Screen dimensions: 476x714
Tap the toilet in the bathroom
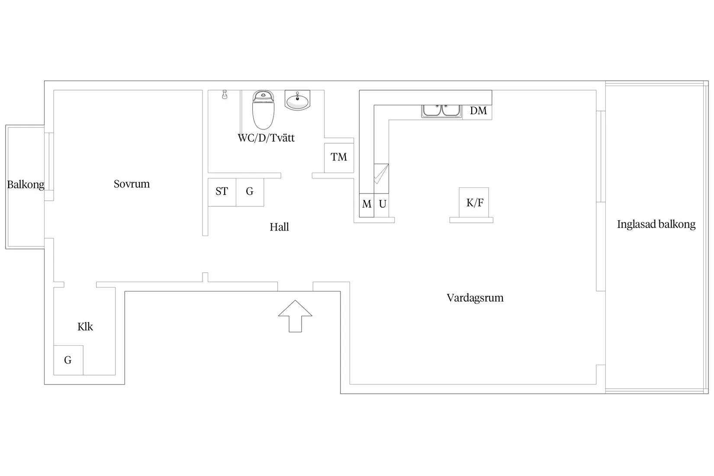pos(264,110)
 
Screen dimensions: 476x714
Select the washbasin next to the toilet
pos(297,100)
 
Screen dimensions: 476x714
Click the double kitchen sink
pos(441,110)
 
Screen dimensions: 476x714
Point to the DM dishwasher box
pos(478,111)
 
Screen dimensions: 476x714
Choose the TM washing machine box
pos(339,157)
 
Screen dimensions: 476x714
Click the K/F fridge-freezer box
pos(474,203)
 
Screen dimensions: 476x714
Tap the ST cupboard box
pos(222,191)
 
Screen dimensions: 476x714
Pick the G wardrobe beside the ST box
pos(250,191)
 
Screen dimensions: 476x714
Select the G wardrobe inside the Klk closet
pos(68,360)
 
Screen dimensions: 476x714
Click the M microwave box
pos(367,204)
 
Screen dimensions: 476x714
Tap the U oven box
pos(382,204)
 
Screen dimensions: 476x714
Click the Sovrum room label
pos(132,184)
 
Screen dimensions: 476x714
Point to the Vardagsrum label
pos(475,298)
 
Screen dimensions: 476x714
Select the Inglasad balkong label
pos(656,224)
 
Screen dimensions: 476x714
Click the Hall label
pos(279,227)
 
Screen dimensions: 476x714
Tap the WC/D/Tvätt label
pos(266,138)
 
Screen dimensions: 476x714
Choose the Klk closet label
pos(85,327)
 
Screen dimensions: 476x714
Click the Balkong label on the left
pos(26,185)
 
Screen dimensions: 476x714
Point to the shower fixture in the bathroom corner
pos(225,94)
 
